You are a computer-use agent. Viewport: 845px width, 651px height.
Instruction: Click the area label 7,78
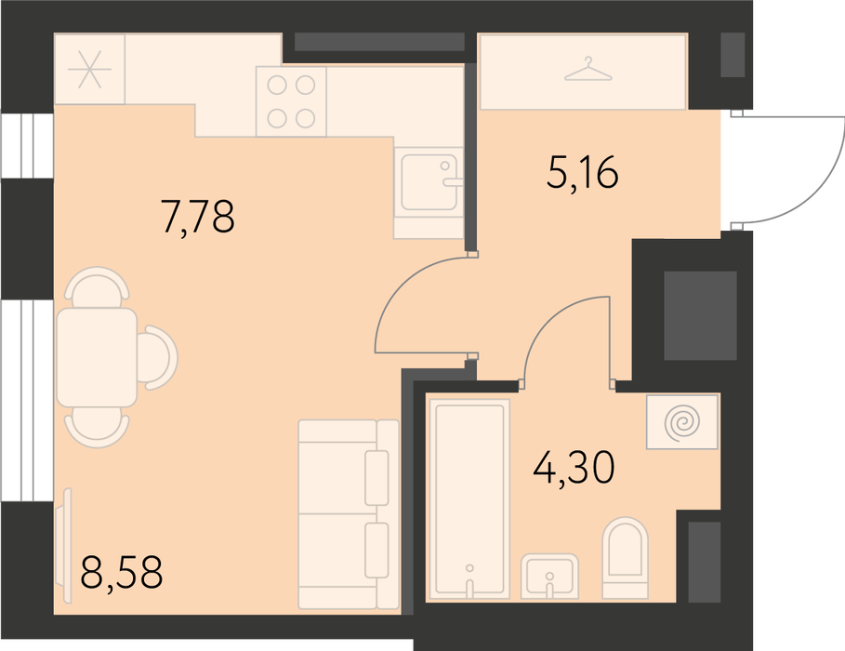click(x=198, y=217)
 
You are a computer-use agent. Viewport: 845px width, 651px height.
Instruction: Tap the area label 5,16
click(x=583, y=172)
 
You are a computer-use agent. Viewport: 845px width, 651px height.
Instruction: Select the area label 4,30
click(x=574, y=468)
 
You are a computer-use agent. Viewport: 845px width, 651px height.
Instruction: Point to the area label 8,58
click(x=121, y=573)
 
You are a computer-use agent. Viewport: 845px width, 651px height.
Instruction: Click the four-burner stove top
click(x=291, y=100)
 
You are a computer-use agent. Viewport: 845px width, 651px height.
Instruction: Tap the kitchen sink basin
click(x=429, y=182)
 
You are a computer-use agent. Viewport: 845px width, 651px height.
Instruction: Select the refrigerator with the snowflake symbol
click(x=89, y=69)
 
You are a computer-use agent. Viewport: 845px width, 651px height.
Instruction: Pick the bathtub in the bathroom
click(x=469, y=498)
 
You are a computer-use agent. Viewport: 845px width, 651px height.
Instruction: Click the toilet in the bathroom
click(x=625, y=558)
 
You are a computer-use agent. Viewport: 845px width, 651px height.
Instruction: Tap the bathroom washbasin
click(x=549, y=576)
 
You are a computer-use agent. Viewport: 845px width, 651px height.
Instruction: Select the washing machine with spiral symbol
click(x=682, y=422)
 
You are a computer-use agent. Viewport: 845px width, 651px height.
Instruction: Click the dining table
click(x=97, y=358)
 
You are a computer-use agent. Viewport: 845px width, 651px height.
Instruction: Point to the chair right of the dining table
click(x=157, y=357)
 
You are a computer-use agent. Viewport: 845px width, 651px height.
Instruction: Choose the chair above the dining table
click(x=97, y=286)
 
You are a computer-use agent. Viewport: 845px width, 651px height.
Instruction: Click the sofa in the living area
click(x=349, y=514)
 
